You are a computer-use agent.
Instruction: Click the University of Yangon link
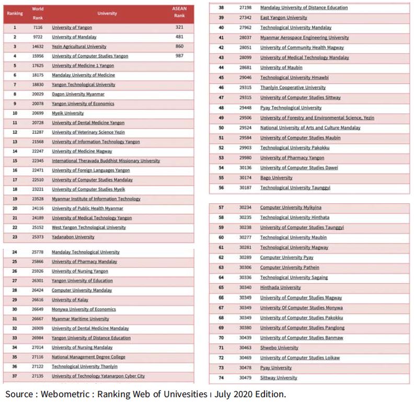(72, 27)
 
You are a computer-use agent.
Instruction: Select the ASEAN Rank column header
(179, 12)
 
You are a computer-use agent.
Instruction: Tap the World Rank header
(38, 13)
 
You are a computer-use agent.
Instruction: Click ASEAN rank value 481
(179, 37)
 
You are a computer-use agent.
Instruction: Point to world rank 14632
(38, 47)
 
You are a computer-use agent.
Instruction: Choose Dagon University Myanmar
(78, 94)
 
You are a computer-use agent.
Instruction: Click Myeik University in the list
(67, 113)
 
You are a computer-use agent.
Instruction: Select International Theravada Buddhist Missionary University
(106, 160)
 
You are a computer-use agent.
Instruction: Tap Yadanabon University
(73, 237)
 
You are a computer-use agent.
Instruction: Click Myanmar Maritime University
(80, 319)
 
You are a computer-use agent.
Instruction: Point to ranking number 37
(15, 376)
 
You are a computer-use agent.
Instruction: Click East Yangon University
(283, 18)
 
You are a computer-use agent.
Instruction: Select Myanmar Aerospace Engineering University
(304, 38)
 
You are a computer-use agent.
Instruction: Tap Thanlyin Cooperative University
(293, 88)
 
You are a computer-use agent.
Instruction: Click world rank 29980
(245, 158)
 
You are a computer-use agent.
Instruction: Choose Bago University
(276, 178)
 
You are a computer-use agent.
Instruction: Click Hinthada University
(280, 287)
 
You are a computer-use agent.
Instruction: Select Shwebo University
(279, 348)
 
